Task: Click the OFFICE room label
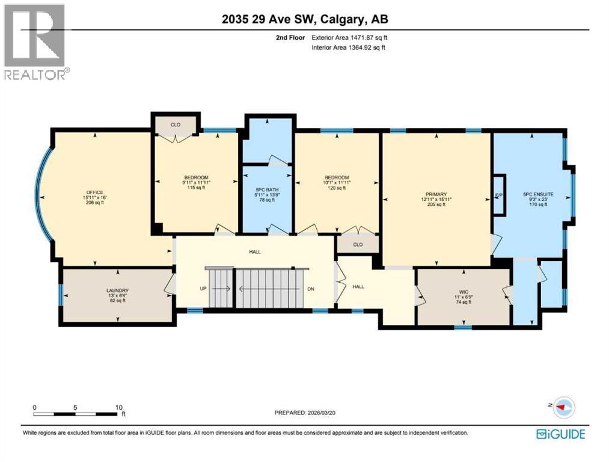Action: click(95, 192)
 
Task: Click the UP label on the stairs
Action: click(203, 289)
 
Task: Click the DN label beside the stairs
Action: click(311, 289)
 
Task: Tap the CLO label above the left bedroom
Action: click(176, 125)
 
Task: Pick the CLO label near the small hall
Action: click(357, 245)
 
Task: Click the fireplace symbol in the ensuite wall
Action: click(498, 195)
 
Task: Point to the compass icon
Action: click(563, 407)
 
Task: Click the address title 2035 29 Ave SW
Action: click(304, 19)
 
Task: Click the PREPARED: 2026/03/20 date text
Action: click(304, 413)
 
